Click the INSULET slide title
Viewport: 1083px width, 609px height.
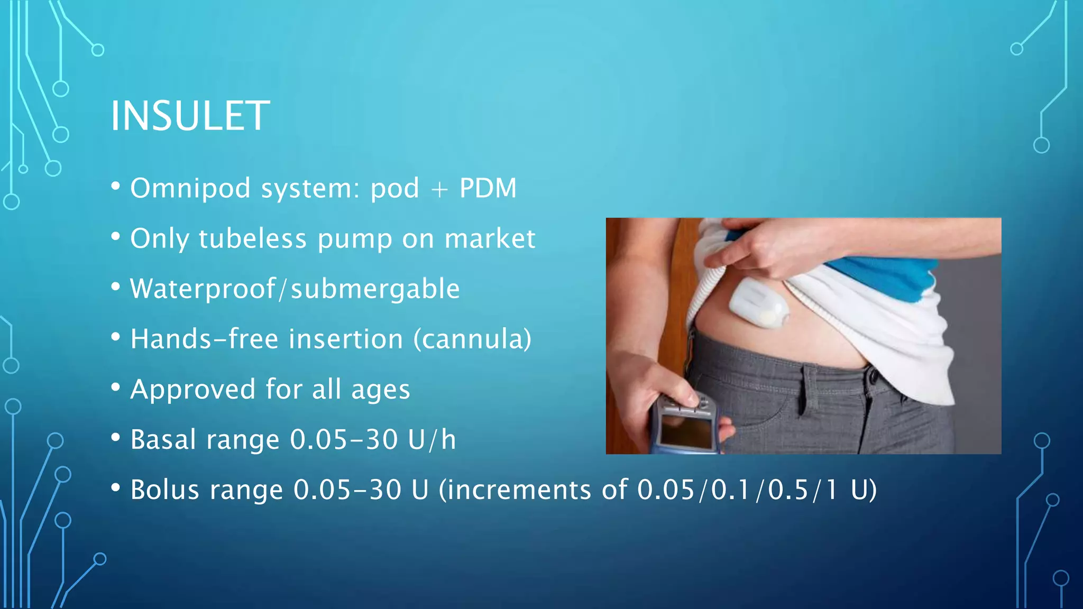(190, 116)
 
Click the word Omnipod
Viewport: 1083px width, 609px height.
(190, 188)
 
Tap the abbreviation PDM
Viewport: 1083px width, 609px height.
(488, 188)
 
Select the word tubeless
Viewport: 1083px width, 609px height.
(252, 238)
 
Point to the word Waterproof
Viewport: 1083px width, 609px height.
(203, 289)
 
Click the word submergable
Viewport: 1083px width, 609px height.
(375, 289)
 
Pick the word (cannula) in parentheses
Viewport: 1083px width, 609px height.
(472, 339)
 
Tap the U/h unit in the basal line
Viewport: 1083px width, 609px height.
(432, 439)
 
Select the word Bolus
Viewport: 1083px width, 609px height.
(164, 490)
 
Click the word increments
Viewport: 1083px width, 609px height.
(515, 490)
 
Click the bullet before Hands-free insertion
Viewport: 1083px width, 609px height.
(116, 337)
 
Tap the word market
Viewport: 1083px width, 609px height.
(490, 238)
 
